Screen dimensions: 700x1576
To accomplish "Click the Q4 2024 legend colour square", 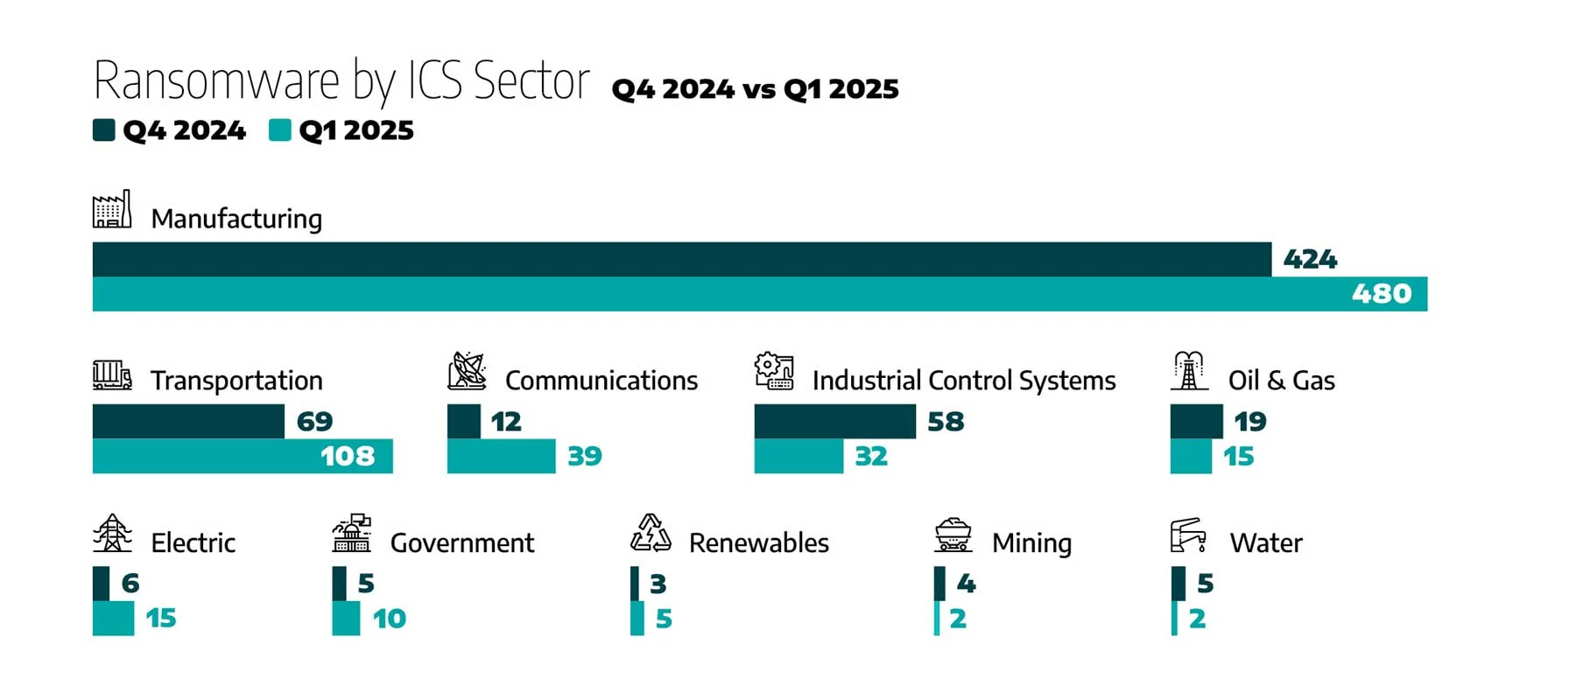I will tap(104, 130).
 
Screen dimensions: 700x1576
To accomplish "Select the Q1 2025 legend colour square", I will tap(279, 130).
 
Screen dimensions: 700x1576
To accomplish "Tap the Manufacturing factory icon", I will tap(112, 210).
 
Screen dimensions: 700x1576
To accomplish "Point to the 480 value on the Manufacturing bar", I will tap(1382, 294).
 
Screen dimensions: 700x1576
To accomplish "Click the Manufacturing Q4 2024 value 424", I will tap(1310, 259).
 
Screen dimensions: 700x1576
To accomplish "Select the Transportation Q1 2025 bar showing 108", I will tap(243, 456).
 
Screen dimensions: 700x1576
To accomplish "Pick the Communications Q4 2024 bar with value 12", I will tap(464, 422).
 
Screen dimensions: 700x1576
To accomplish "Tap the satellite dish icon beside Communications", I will tap(467, 372).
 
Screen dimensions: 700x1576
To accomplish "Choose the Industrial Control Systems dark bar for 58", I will tap(834, 422).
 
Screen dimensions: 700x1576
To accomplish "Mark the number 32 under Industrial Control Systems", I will tap(871, 457).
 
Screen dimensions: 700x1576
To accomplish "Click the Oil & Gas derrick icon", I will tap(1189, 371).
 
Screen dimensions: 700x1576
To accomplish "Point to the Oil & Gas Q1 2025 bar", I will tap(1191, 457).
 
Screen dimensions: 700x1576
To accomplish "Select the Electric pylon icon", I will tap(112, 534).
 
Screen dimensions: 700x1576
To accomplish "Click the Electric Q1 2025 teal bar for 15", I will tap(113, 619).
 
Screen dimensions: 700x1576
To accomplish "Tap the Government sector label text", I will tap(461, 543).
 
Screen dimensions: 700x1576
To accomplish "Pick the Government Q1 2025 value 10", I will tap(390, 619).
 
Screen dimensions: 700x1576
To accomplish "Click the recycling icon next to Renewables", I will tap(651, 534).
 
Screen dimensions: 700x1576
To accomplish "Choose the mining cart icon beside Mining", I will tap(953, 535).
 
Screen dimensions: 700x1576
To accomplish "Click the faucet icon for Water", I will tap(1188, 535).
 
